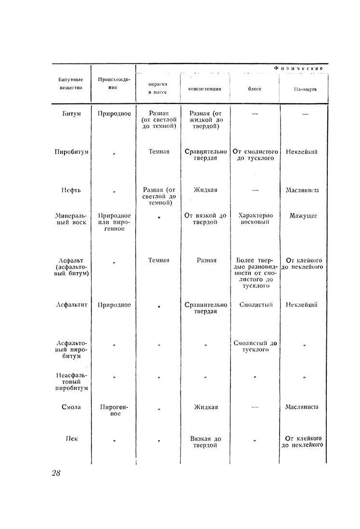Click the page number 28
pos(56,473)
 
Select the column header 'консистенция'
pos(205,89)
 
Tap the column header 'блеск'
pos(255,89)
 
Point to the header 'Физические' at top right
pos(298,68)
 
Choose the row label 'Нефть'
pos(71,190)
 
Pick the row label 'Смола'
pos(71,407)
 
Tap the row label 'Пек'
pos(71,439)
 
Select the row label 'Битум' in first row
pos(71,113)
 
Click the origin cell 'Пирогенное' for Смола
pos(114,410)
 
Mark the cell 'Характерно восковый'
pos(255,219)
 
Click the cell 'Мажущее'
pos(303,216)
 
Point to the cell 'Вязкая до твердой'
pos(206,442)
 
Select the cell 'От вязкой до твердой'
pos(206,219)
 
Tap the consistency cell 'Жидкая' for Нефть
pos(206,190)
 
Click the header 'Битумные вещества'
pos(71,84)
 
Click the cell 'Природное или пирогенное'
pos(114,222)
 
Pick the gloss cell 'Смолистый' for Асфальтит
pos(256,305)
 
